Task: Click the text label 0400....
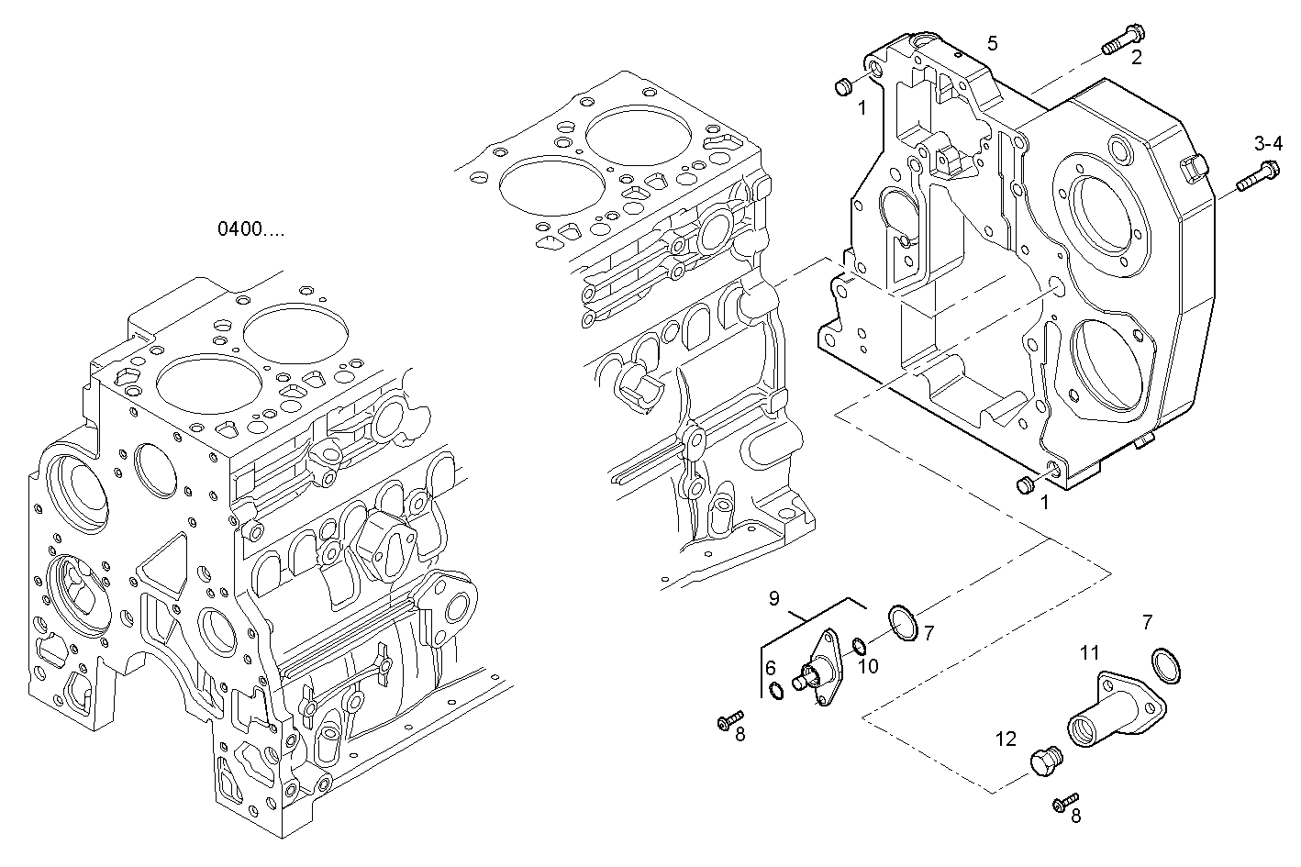point(250,229)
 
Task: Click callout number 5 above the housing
point(993,42)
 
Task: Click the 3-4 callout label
point(1269,143)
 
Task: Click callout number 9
point(773,599)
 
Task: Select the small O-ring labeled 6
point(776,691)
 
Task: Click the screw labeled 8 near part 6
point(729,721)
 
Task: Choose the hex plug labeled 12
point(1044,761)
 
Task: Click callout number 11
point(1089,653)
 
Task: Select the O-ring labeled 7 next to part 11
point(1165,666)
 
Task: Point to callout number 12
point(1006,738)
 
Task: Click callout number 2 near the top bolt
point(1136,59)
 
